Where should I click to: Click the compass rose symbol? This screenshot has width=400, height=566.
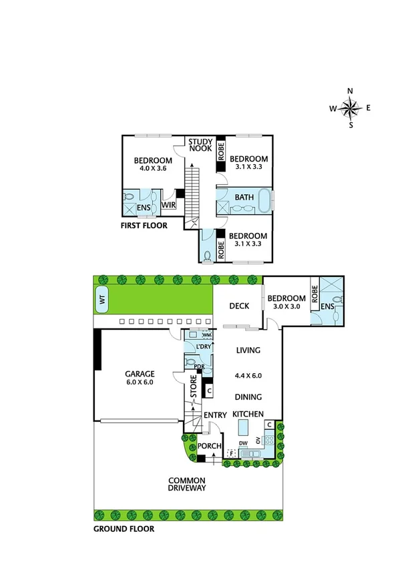point(351,107)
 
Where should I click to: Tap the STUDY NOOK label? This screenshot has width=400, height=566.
point(200,145)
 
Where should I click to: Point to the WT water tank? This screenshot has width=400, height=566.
point(103,301)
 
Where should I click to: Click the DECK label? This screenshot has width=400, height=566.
point(239,306)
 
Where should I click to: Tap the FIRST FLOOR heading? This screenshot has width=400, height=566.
point(144,226)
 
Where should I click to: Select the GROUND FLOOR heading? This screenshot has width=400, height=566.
point(124,529)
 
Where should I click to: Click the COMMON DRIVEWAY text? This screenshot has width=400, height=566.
point(186,484)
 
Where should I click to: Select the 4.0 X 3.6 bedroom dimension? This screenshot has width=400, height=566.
point(152,169)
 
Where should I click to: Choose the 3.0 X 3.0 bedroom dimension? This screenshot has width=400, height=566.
point(287,307)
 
